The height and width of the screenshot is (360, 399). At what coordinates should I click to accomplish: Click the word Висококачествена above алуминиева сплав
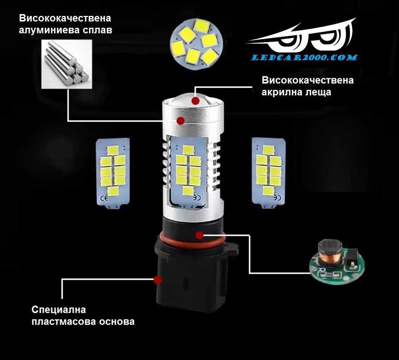point(64,19)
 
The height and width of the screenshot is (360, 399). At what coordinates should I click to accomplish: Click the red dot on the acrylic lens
point(195,101)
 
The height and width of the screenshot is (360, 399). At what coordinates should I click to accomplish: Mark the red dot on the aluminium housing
point(180,120)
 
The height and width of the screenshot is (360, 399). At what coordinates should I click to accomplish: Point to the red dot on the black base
point(158,280)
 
